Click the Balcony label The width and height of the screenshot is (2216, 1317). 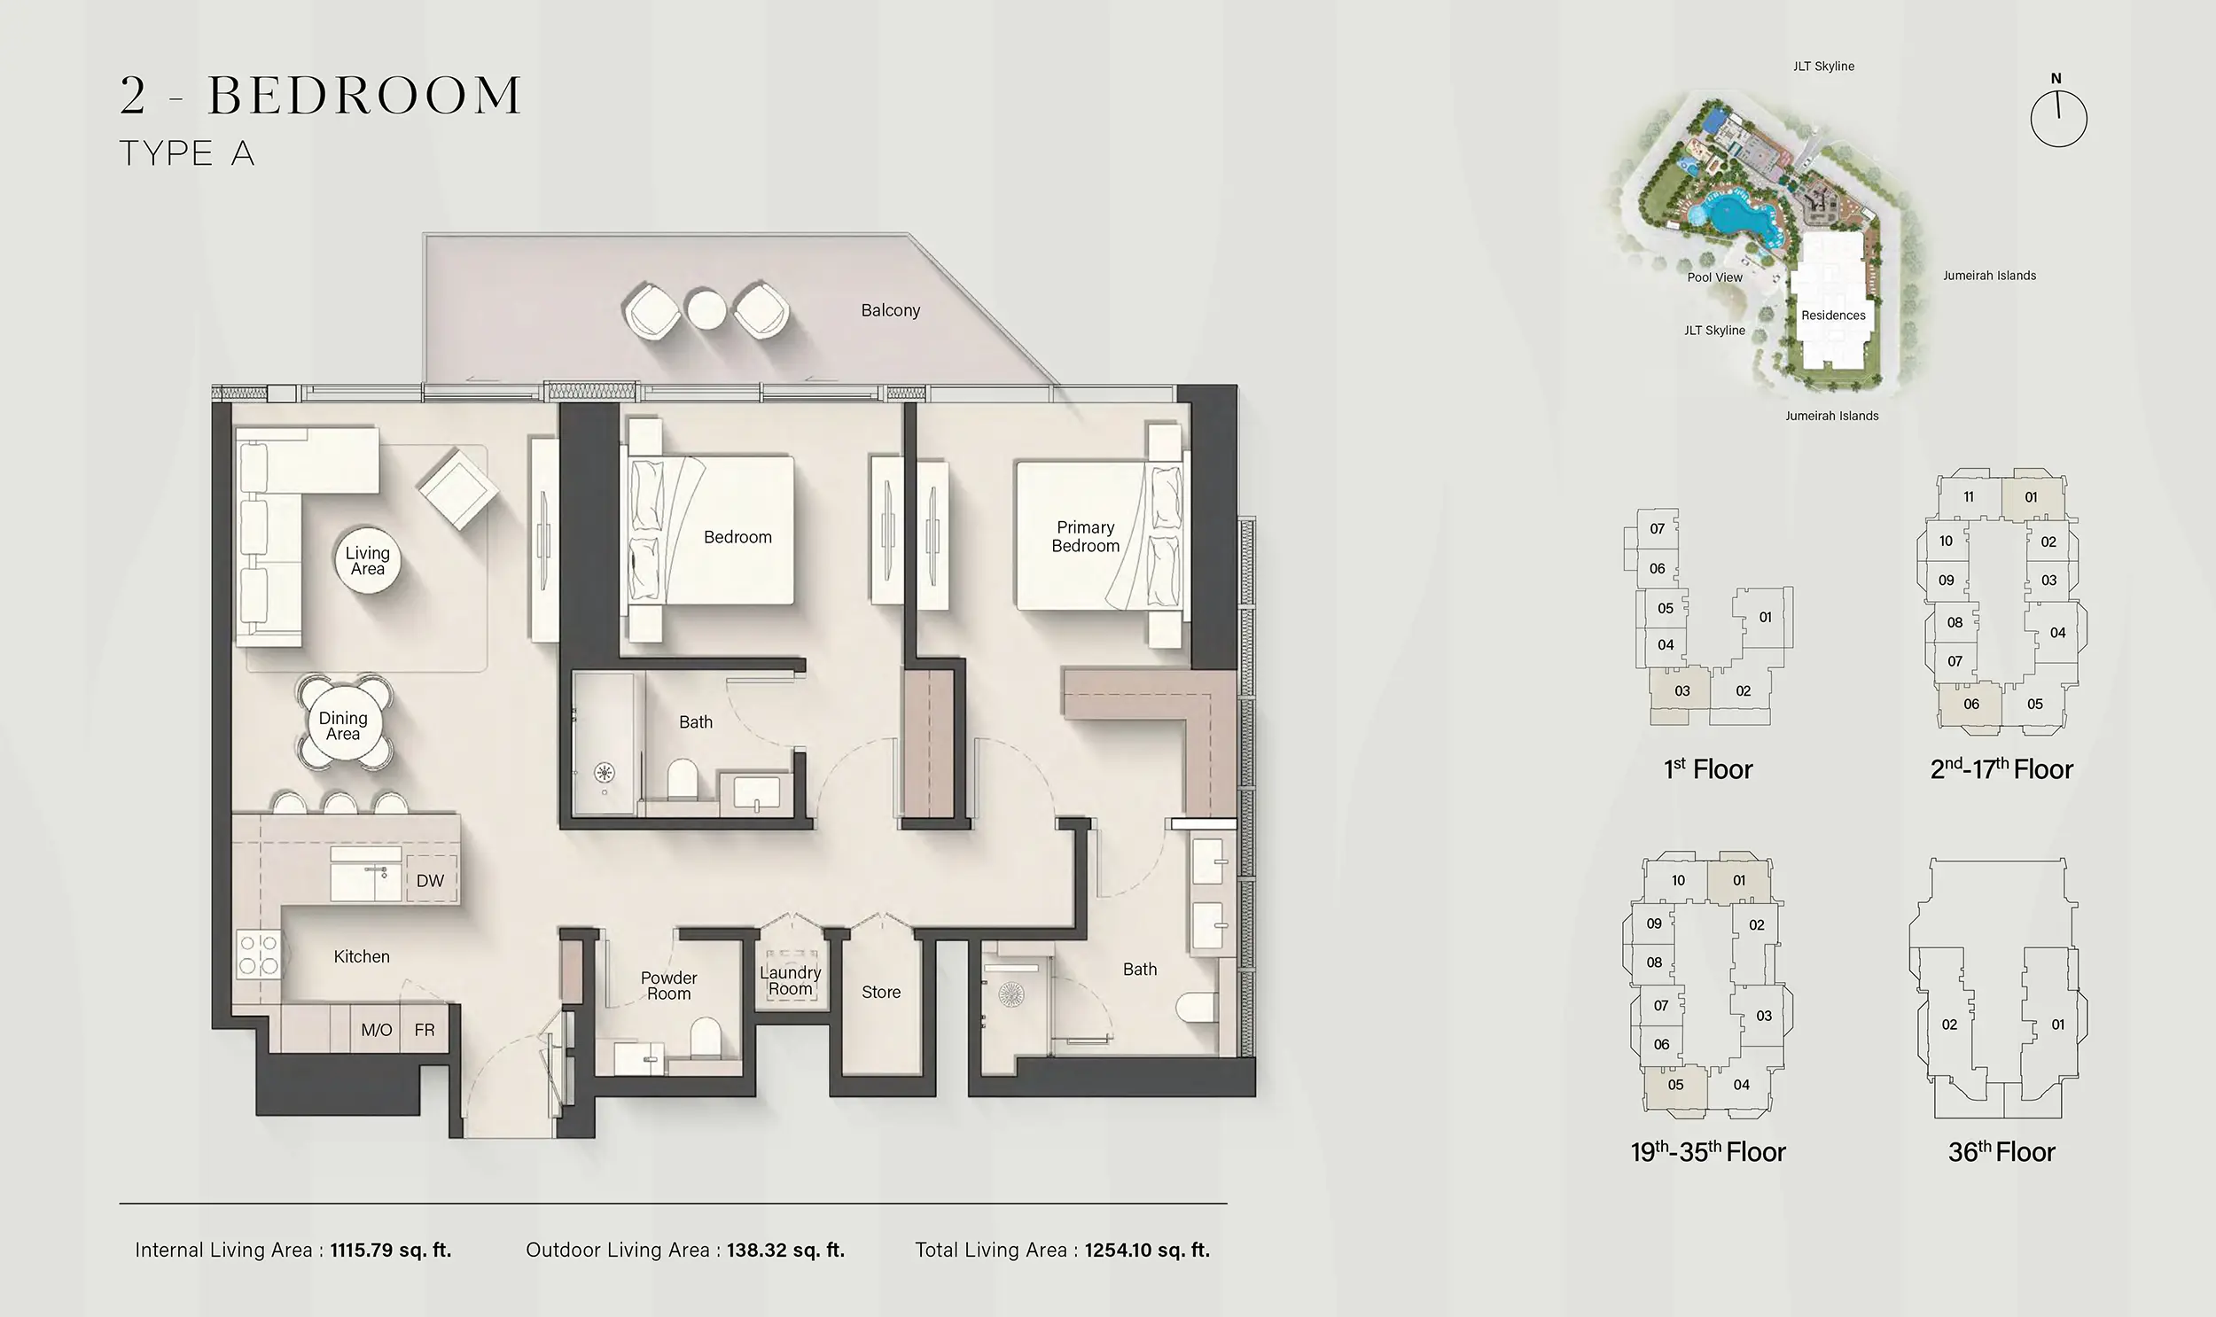pyautogui.click(x=890, y=310)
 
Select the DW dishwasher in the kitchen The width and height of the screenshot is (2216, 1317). pyautogui.click(x=431, y=880)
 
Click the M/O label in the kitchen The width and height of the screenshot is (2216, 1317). pyautogui.click(x=377, y=1030)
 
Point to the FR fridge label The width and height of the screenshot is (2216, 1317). pyautogui.click(x=425, y=1030)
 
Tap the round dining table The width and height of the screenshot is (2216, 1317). pyautogui.click(x=343, y=726)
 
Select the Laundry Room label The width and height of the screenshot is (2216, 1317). pyautogui.click(x=790, y=980)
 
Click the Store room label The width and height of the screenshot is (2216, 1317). pyautogui.click(x=881, y=993)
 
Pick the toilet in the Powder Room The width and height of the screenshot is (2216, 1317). pyautogui.click(x=706, y=1036)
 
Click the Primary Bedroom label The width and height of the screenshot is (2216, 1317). pyautogui.click(x=1085, y=537)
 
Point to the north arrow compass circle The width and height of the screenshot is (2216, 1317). pyautogui.click(x=2059, y=119)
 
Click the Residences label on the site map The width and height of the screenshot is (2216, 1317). pyautogui.click(x=1833, y=315)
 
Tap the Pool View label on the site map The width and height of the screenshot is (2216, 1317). pyautogui.click(x=1714, y=277)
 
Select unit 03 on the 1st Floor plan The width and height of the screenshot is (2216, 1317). pyautogui.click(x=1682, y=690)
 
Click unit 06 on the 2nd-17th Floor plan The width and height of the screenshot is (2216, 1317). pyautogui.click(x=1971, y=704)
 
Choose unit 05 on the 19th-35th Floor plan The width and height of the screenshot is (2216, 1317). pyautogui.click(x=1675, y=1085)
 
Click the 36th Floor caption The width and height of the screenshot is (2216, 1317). pyautogui.click(x=2001, y=1152)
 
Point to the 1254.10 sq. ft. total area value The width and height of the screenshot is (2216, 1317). pyautogui.click(x=1148, y=1250)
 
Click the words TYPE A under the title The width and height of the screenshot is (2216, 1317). pyautogui.click(x=187, y=153)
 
